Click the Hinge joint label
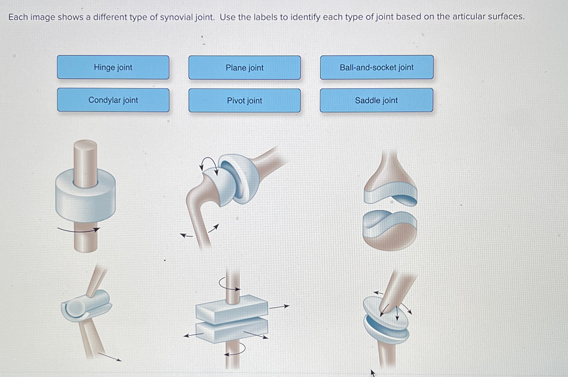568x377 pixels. tap(113, 67)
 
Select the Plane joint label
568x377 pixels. tap(244, 68)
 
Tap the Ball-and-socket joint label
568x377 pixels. tap(376, 67)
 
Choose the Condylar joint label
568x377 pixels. tap(113, 100)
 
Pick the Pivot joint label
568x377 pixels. tap(244, 100)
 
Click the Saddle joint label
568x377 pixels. tap(376, 100)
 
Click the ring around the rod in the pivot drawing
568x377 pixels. tap(85, 200)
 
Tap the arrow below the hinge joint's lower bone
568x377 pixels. tap(110, 357)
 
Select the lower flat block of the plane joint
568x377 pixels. tap(231, 331)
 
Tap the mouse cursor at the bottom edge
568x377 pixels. tap(372, 372)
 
